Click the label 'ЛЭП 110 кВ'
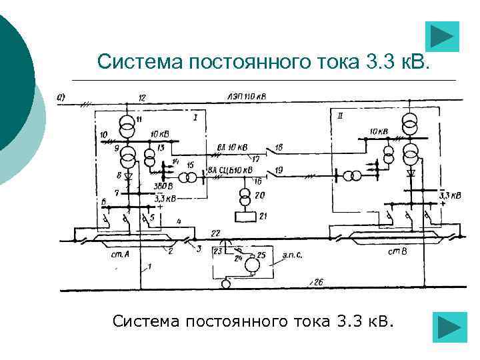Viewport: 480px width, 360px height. pyautogui.click(x=246, y=97)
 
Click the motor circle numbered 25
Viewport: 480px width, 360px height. pyautogui.click(x=253, y=265)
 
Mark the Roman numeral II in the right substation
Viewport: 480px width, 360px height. pyautogui.click(x=341, y=116)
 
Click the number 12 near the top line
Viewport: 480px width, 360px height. pyautogui.click(x=141, y=98)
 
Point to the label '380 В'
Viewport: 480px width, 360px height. pyautogui.click(x=163, y=186)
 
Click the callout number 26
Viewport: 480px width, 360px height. pyautogui.click(x=319, y=283)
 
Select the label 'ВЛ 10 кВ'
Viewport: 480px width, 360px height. pyautogui.click(x=233, y=147)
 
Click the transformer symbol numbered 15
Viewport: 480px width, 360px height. pyautogui.click(x=191, y=176)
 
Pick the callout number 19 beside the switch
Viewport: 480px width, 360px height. pyautogui.click(x=279, y=171)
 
